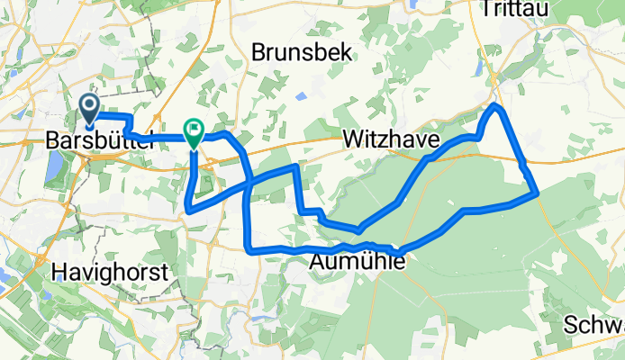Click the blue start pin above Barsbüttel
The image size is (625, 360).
pyautogui.click(x=91, y=109)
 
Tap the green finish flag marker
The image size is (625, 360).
pyautogui.click(x=194, y=131)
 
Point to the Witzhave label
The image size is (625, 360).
pyautogui.click(x=391, y=140)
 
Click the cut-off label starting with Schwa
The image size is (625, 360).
pyautogui.click(x=596, y=325)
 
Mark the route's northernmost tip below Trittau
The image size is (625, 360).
pyautogui.click(x=495, y=107)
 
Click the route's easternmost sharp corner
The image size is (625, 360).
pyautogui.click(x=537, y=192)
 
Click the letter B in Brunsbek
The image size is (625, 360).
pyautogui.click(x=259, y=52)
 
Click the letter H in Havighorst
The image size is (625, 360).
pyautogui.click(x=60, y=270)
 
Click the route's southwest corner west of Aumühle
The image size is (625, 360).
pyautogui.click(x=248, y=245)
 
